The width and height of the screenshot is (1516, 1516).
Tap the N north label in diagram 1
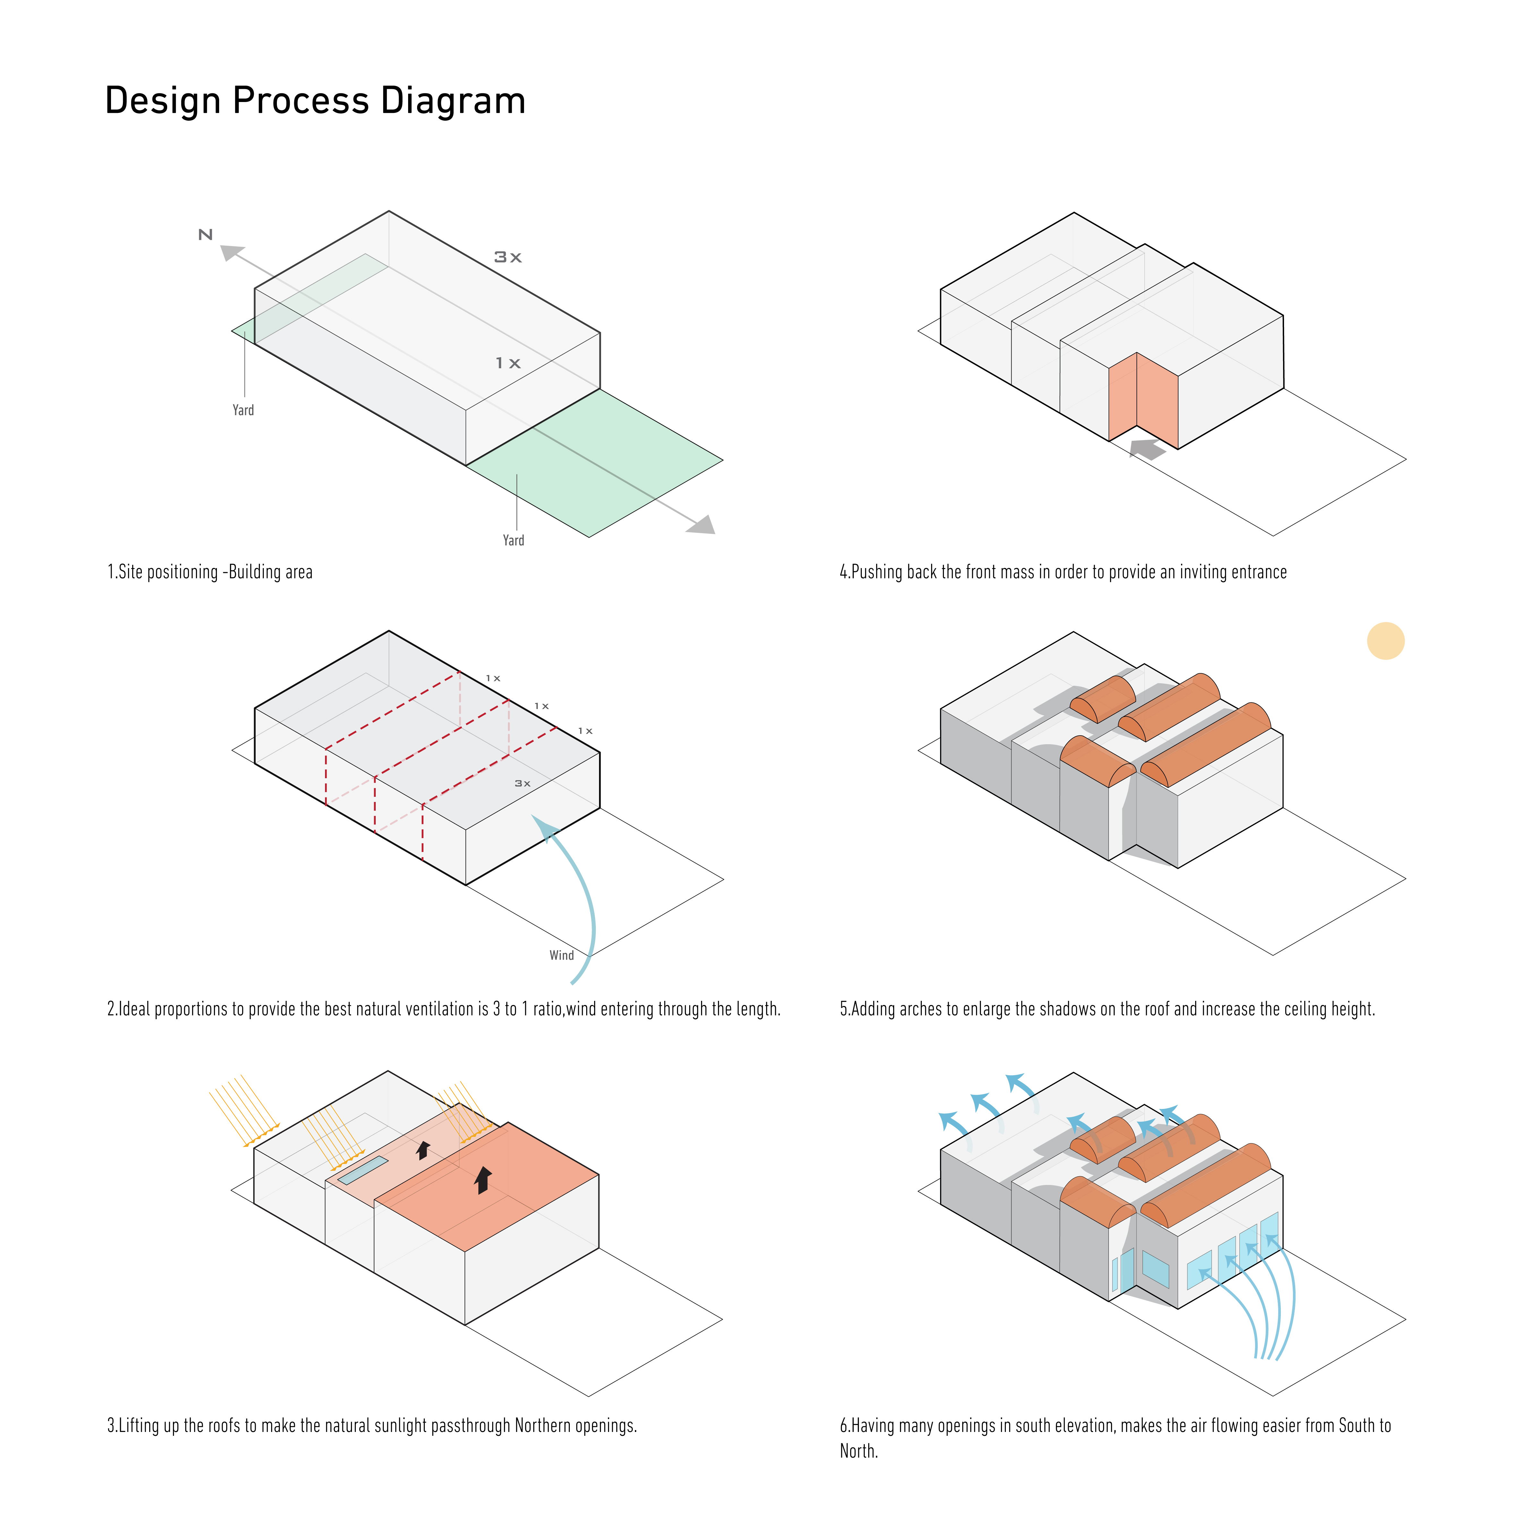point(206,234)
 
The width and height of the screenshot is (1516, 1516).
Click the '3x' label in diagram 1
point(508,257)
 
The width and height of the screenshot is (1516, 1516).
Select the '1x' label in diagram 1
point(508,363)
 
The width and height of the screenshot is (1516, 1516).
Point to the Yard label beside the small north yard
point(243,410)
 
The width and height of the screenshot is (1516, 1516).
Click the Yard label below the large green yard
point(513,541)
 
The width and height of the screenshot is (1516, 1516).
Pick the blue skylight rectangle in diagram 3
point(363,1170)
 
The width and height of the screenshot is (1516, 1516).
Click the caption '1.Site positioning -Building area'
point(210,572)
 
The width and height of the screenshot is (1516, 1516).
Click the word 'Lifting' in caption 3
point(139,1426)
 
